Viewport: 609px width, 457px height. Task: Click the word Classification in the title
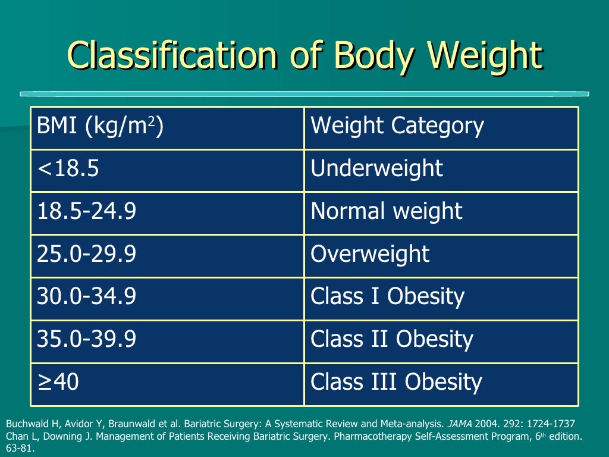(x=174, y=57)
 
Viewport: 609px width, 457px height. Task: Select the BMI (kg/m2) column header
(x=100, y=126)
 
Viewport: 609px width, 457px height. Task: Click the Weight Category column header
(x=397, y=126)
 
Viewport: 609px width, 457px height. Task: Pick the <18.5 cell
(x=68, y=169)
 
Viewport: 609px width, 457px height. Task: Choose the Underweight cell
(x=376, y=169)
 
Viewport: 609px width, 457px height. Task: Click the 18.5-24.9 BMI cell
(x=87, y=212)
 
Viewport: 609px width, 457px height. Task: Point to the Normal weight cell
(x=386, y=212)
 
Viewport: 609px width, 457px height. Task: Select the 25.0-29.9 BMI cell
(x=87, y=255)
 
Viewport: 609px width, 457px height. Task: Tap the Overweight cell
(x=370, y=255)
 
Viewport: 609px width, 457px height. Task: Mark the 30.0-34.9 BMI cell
(x=87, y=297)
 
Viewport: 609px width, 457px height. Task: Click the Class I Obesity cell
(x=387, y=297)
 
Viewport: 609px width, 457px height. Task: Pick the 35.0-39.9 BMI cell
(x=87, y=340)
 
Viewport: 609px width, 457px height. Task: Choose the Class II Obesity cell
(x=391, y=340)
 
